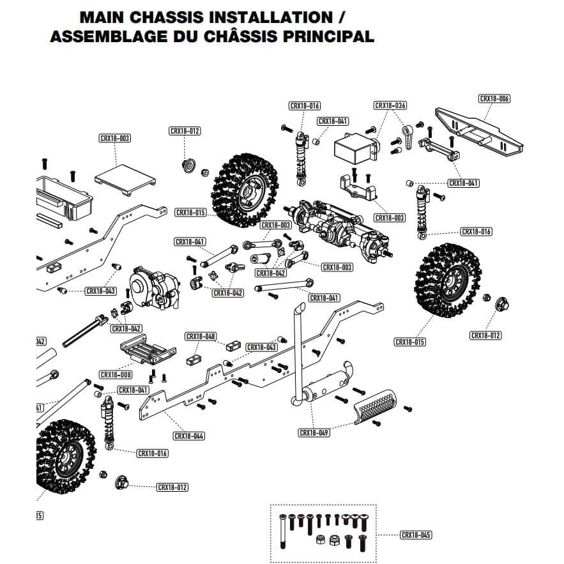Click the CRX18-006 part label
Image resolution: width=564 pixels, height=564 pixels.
point(494,99)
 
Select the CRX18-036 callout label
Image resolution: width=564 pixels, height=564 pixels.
point(390,105)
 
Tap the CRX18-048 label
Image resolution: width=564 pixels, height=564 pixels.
point(201,337)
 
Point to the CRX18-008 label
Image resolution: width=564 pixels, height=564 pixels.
point(116,374)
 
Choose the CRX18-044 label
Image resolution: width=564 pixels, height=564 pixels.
point(189,436)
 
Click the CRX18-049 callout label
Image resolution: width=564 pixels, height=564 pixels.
point(314,432)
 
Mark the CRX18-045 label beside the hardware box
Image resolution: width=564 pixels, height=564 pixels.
point(415,535)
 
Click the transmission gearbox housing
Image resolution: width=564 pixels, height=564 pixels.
point(154,288)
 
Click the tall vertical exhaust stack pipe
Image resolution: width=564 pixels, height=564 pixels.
point(298,351)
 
